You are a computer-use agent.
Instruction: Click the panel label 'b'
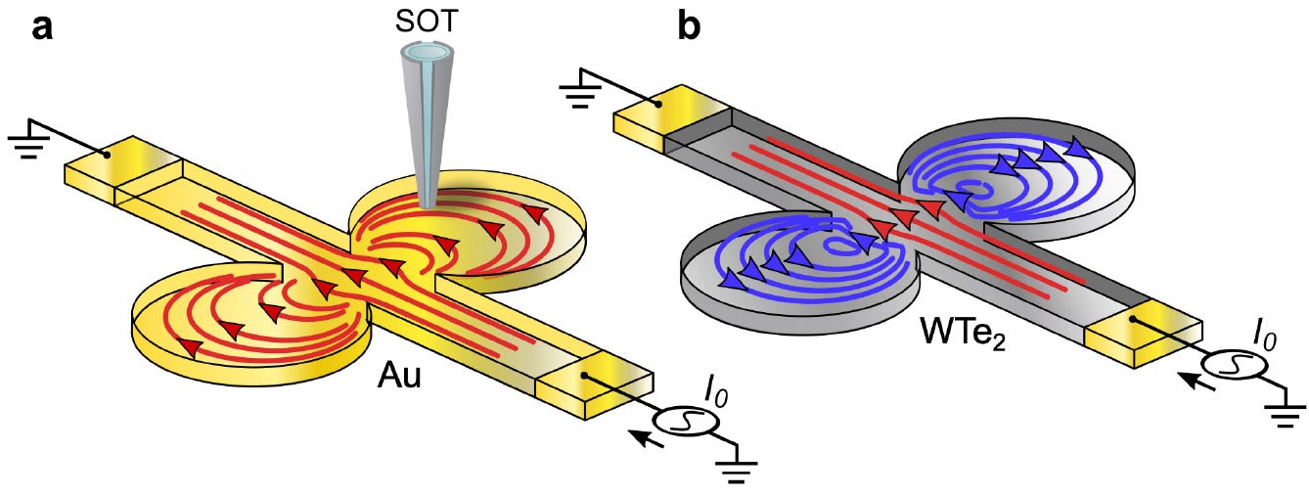pos(689,26)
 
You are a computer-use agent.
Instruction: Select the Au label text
pos(400,377)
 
